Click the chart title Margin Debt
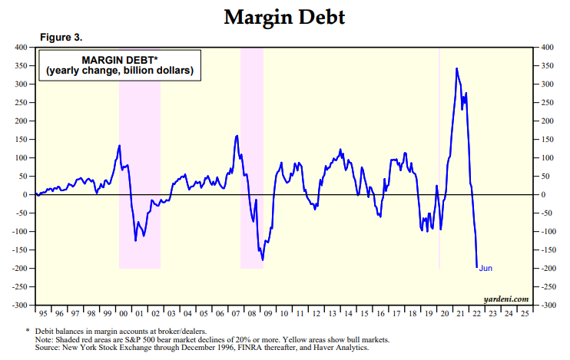(x=284, y=17)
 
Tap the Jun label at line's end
(x=486, y=268)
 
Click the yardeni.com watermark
(x=506, y=298)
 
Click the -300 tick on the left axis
(x=19, y=306)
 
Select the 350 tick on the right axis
(x=550, y=66)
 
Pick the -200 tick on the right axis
(x=551, y=269)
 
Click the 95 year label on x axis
(x=42, y=314)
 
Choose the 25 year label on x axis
(x=524, y=314)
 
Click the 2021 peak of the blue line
(x=457, y=68)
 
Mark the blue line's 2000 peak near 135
(x=120, y=145)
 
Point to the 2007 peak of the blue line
(x=237, y=136)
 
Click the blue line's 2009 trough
(x=263, y=260)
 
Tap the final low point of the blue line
(x=477, y=267)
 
